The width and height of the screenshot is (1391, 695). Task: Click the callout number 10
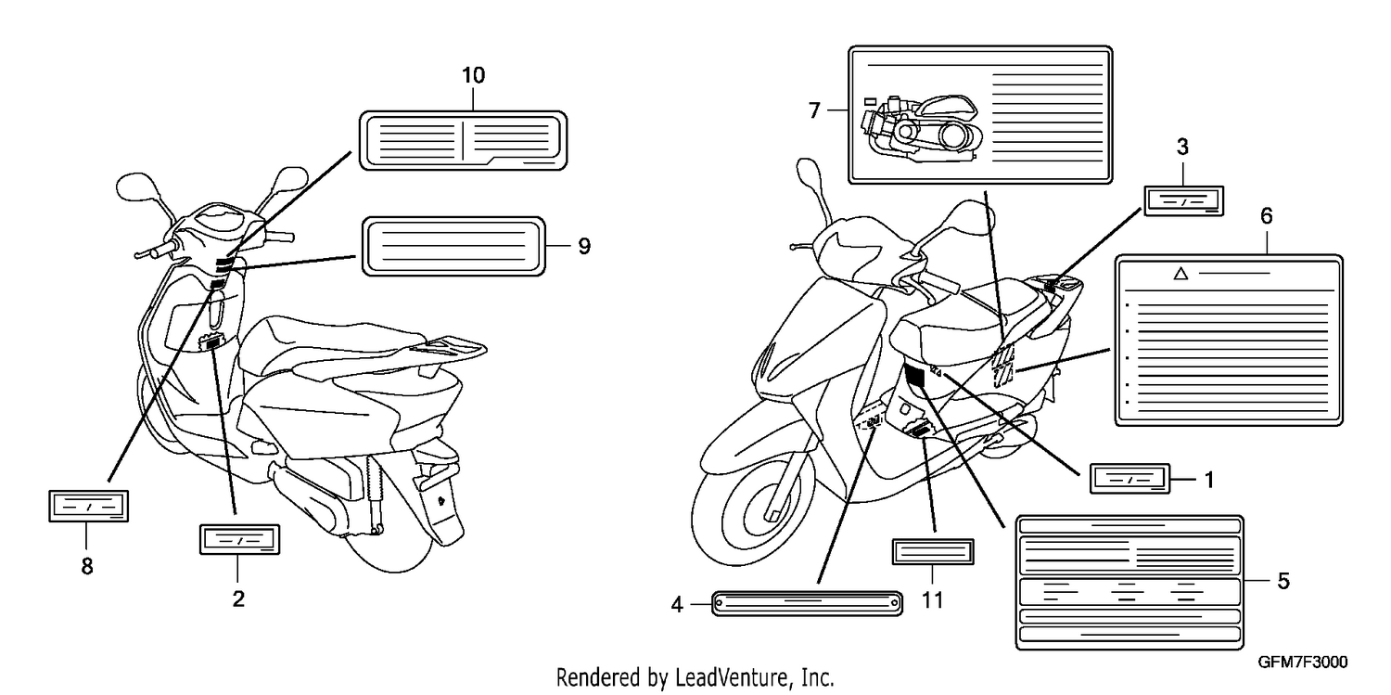(x=473, y=76)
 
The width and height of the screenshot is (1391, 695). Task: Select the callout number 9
(x=583, y=247)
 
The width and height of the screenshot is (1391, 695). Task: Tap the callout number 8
(x=87, y=566)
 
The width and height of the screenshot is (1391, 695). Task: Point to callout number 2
(x=238, y=598)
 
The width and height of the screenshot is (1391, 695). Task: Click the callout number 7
(x=815, y=110)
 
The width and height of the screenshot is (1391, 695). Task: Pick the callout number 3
(x=1182, y=148)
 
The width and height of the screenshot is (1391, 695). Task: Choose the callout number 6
(x=1266, y=216)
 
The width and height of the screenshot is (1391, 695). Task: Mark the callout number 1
(x=1209, y=480)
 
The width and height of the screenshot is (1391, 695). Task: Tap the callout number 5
(x=1283, y=582)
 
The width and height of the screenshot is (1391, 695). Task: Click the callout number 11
(x=932, y=600)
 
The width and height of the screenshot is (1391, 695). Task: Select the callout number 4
(x=677, y=604)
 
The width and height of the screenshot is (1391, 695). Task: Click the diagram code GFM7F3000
(x=1303, y=663)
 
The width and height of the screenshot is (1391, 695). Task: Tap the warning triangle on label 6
(x=1180, y=274)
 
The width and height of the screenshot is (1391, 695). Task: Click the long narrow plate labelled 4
(x=807, y=603)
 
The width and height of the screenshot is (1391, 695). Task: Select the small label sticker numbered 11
(x=933, y=551)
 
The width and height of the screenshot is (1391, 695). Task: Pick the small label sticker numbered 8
(x=89, y=507)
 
